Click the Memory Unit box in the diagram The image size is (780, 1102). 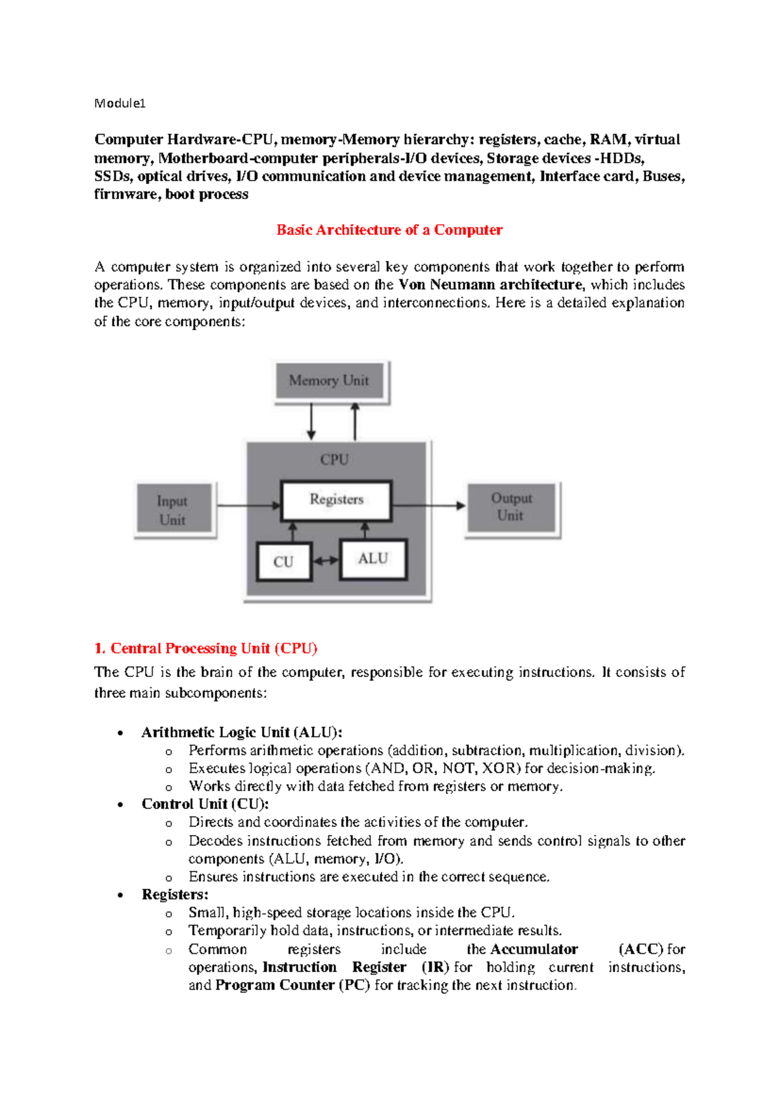(330, 381)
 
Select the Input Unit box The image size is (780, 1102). (173, 510)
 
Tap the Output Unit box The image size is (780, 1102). (511, 507)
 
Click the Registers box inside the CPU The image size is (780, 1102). (336, 500)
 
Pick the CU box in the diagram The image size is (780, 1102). (283, 562)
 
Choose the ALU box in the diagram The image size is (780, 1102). (373, 559)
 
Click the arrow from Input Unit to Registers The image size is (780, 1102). (248, 505)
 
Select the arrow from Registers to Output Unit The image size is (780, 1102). (429, 505)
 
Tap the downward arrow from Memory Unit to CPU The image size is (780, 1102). (311, 421)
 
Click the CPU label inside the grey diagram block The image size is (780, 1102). (334, 459)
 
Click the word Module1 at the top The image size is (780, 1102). (120, 103)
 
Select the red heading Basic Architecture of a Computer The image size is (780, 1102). (389, 230)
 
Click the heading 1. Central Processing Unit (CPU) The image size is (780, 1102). (205, 648)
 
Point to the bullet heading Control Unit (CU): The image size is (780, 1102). (205, 804)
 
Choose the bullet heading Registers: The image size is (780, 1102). (175, 894)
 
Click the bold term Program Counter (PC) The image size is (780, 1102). (292, 985)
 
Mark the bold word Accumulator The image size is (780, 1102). (534, 949)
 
